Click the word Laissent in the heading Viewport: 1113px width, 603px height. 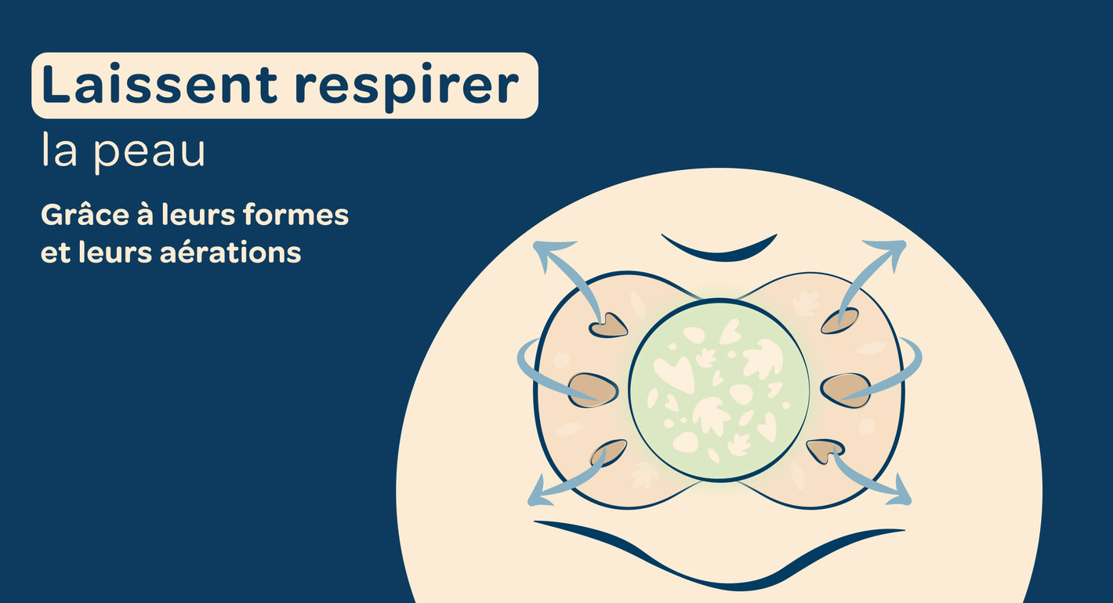click(x=159, y=84)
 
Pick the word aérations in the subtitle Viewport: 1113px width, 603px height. click(x=230, y=252)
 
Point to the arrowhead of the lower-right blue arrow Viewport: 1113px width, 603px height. click(x=901, y=492)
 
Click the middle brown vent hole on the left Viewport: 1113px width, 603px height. click(x=593, y=390)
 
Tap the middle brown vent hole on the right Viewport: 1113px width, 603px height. click(x=845, y=390)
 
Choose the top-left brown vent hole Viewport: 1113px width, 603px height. click(x=608, y=325)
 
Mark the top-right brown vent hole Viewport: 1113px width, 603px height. click(x=839, y=321)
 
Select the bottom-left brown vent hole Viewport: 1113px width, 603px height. click(x=609, y=452)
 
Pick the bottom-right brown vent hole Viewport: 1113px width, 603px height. click(x=825, y=450)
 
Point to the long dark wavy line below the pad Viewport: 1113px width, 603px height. click(x=719, y=572)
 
